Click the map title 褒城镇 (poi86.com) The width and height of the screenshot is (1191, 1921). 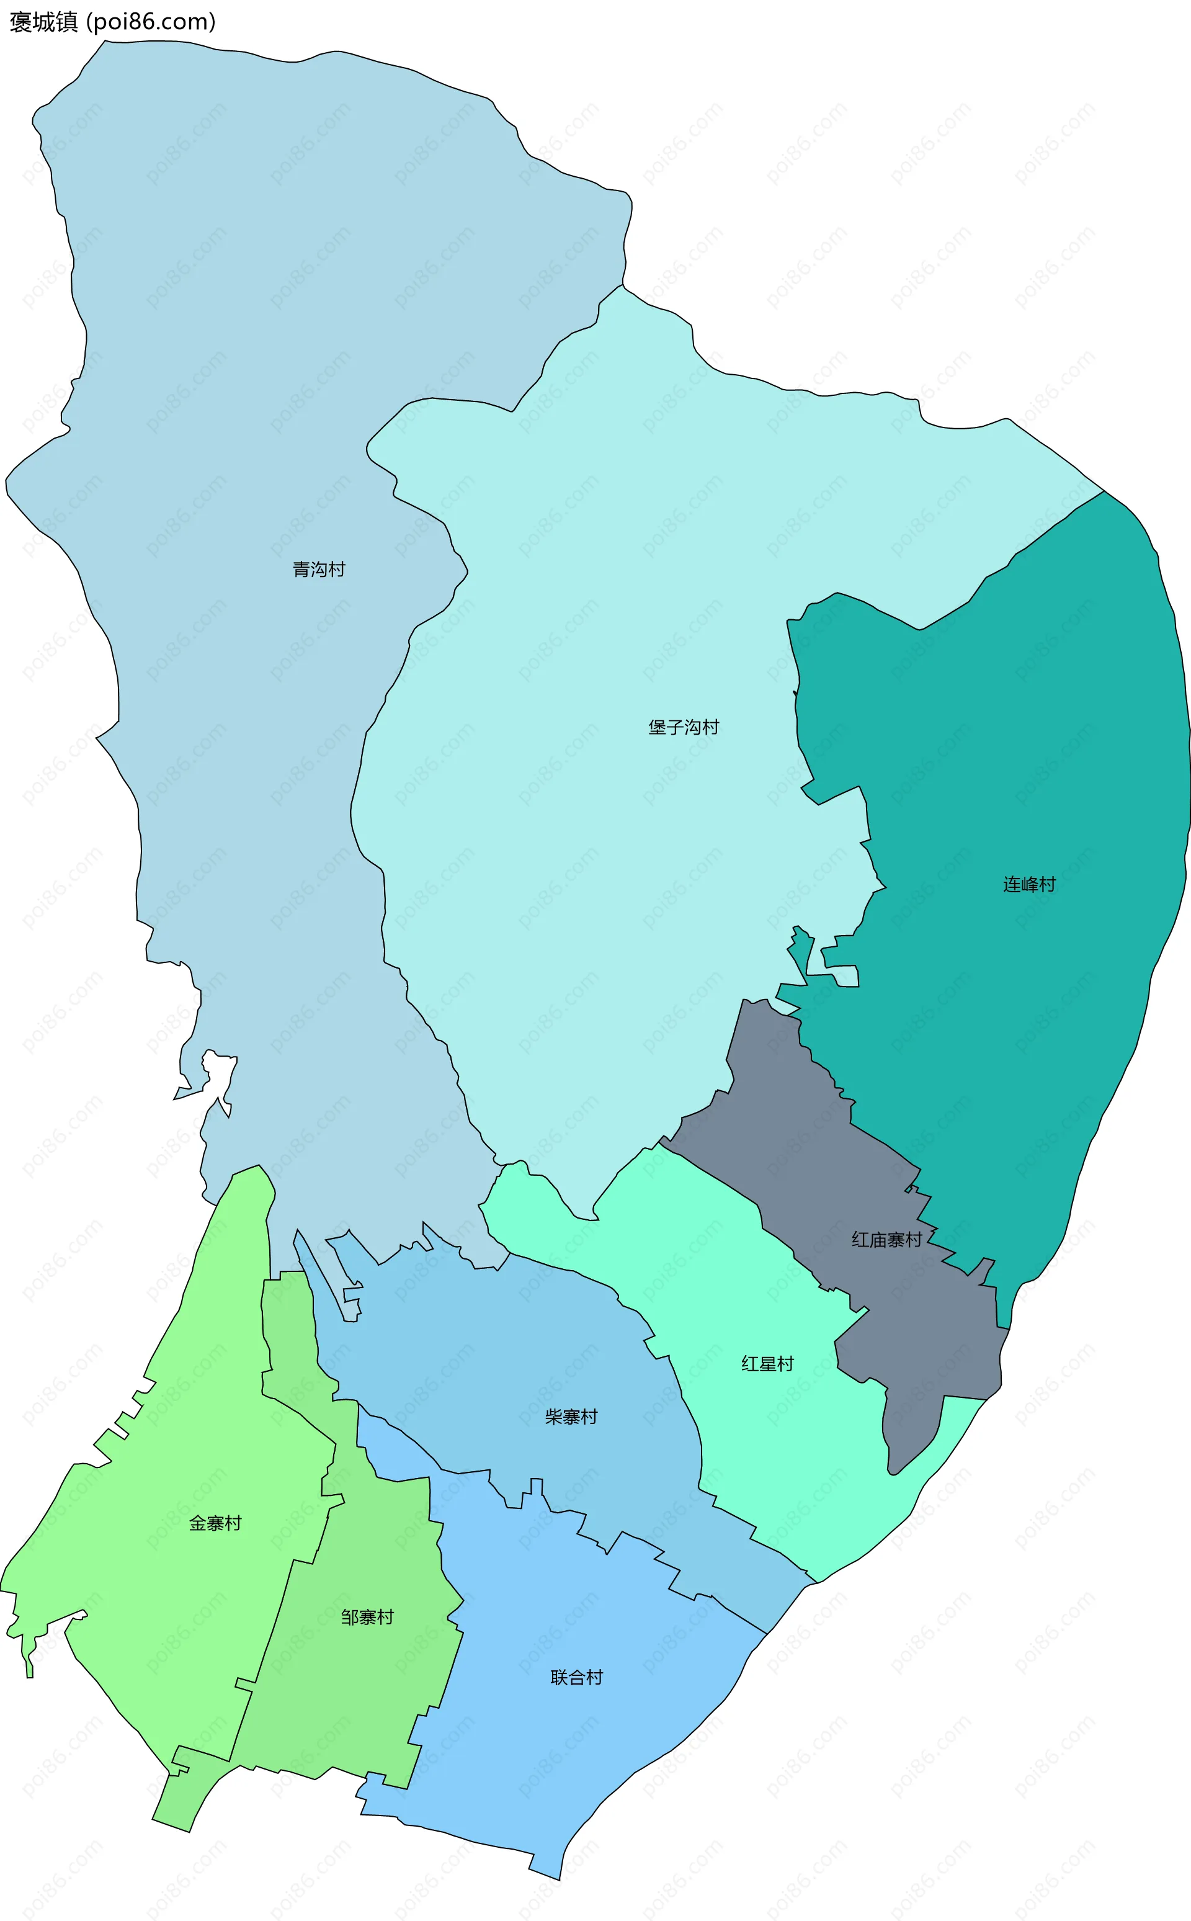112,22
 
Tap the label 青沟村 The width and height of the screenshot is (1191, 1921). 319,569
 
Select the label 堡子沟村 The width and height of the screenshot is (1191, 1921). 684,727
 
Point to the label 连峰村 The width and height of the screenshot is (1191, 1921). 1028,884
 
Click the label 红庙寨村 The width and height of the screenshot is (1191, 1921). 886,1240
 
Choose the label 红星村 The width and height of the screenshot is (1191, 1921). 767,1364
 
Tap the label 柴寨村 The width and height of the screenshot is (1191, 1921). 571,1417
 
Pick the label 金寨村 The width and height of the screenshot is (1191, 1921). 215,1523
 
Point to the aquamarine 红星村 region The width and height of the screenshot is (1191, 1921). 788,1458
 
